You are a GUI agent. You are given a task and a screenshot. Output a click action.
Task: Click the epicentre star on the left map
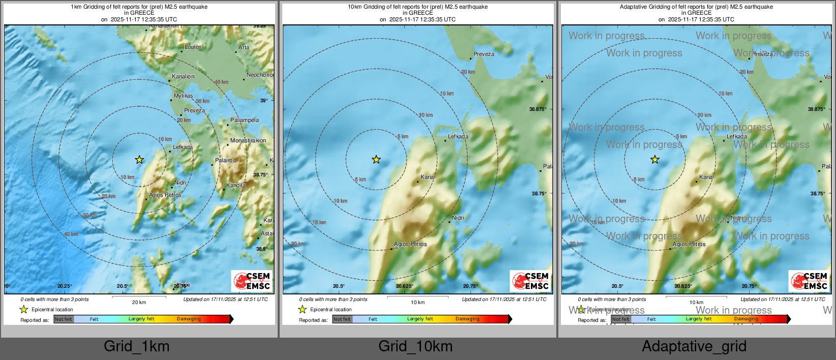139,160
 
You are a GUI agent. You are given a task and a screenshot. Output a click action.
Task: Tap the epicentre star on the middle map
376,160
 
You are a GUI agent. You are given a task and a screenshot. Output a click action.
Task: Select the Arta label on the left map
244,47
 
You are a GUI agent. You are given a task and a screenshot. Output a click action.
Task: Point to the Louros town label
193,47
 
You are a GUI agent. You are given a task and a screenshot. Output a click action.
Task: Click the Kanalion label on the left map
183,76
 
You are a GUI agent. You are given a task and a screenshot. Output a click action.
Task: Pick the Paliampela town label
245,120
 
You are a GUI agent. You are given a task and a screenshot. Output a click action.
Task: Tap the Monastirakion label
248,140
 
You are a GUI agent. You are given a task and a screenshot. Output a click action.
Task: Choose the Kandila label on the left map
236,185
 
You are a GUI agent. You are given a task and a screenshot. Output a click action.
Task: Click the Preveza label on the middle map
484,54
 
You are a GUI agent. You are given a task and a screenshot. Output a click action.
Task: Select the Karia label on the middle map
427,177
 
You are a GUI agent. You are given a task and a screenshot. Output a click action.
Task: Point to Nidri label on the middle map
458,218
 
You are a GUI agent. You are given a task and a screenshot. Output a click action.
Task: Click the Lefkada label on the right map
737,136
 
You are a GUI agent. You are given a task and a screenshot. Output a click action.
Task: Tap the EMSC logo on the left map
252,281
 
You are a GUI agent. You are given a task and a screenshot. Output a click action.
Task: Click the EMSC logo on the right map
810,281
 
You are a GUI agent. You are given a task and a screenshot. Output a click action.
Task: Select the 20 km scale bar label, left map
139,302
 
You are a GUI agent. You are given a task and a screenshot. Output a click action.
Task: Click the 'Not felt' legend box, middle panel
342,319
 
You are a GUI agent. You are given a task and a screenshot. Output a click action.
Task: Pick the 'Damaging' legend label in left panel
189,319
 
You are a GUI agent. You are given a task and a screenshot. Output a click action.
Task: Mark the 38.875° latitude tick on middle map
538,109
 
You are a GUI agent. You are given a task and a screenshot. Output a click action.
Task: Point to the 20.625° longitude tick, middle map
404,286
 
